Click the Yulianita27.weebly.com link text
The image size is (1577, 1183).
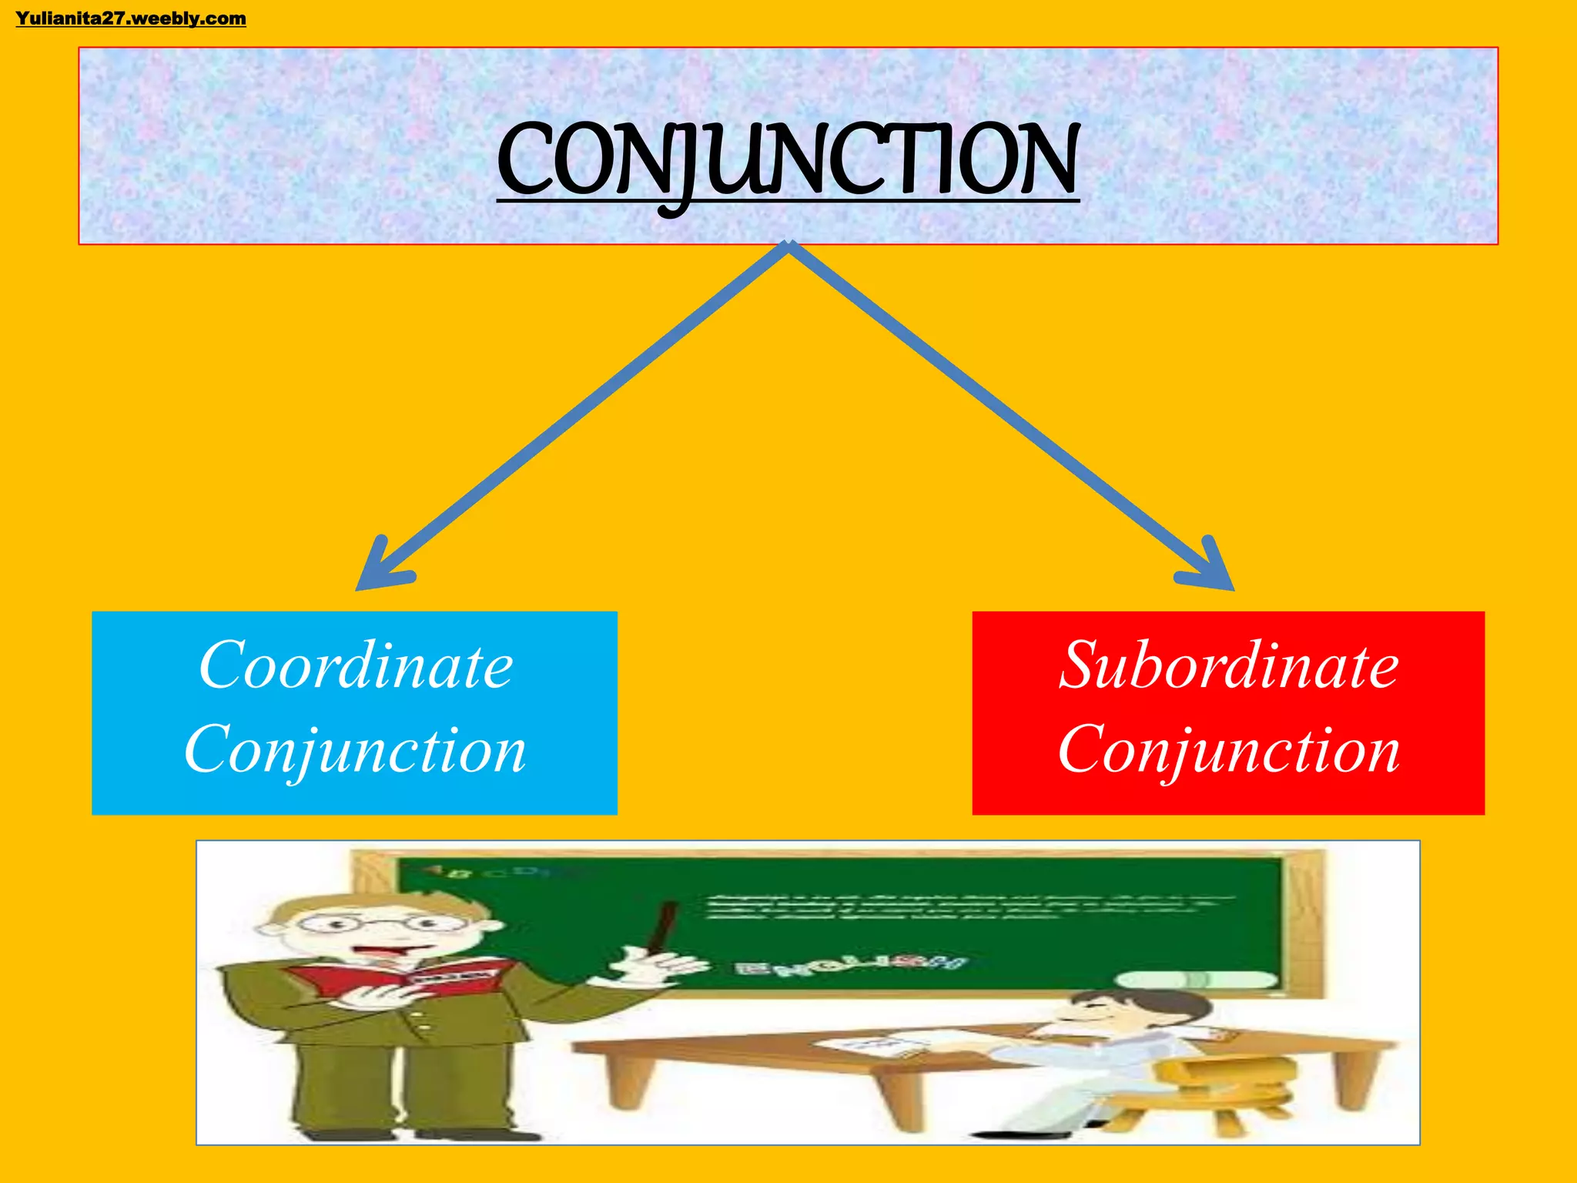pos(131,18)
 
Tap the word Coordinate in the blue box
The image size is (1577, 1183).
pos(356,665)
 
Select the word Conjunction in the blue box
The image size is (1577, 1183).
pos(355,750)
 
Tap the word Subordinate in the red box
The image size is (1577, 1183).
pos(1228,665)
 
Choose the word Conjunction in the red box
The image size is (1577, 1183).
pos(1228,750)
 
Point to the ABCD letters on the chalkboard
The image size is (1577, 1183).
pos(493,873)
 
